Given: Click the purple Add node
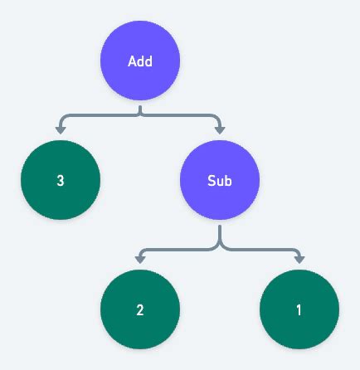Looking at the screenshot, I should [140, 61].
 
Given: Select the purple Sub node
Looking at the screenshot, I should [220, 180].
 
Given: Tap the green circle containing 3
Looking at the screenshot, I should [61, 180].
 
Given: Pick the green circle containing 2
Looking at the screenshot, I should [140, 310].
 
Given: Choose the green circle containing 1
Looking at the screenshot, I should [299, 310].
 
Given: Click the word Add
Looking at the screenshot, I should [140, 61].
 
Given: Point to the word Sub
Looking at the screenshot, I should [220, 180].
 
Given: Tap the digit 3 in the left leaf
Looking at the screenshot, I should [61, 180].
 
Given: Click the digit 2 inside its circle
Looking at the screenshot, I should [140, 311].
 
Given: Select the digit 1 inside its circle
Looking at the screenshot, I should [299, 311].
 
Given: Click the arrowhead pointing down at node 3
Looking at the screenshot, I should [61, 129].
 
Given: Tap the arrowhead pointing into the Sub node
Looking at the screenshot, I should [220, 129].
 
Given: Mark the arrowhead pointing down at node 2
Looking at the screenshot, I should [140, 258].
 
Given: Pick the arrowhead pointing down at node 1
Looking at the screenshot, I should [299, 258].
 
